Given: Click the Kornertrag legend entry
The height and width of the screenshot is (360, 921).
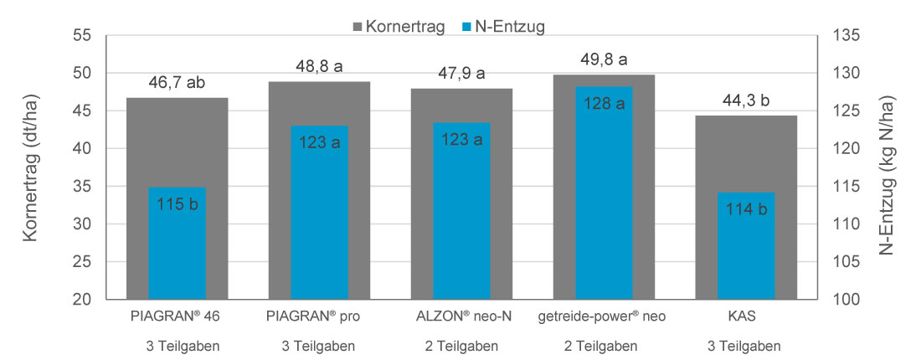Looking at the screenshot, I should pos(393,27).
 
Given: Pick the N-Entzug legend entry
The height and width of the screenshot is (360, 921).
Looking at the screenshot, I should pos(502,27).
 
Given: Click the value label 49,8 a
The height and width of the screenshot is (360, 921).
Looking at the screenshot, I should pos(604,60).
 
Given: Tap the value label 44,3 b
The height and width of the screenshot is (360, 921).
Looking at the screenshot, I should pos(746,101).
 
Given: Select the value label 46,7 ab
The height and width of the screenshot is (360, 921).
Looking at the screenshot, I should pos(177,82).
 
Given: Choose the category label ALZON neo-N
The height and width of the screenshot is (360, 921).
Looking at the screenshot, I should pos(461,317).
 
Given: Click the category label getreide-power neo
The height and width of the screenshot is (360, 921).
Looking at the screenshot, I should pos(604,317).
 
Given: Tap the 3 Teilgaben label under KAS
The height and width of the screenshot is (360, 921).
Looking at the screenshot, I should pos(746,346).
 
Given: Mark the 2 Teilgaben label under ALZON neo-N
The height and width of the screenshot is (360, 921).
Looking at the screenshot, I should pos(461,346).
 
